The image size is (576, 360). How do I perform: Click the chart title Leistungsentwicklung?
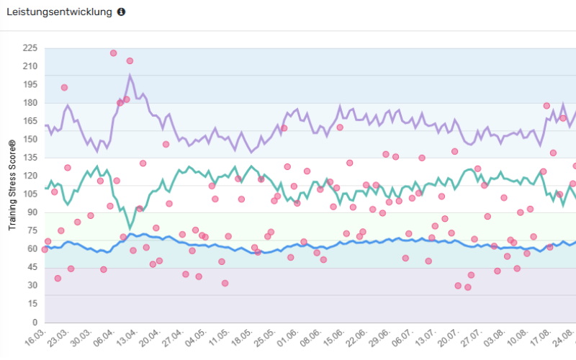(59, 12)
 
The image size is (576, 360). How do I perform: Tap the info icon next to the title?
(121, 12)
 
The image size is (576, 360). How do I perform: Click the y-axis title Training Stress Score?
(12, 186)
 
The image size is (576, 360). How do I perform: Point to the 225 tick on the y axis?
(30, 48)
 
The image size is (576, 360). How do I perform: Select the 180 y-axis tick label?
(30, 103)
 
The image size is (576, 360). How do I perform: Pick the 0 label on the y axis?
(35, 323)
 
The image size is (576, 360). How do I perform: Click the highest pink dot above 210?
(114, 53)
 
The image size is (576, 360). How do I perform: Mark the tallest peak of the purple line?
(130, 75)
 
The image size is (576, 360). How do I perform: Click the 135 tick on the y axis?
(30, 158)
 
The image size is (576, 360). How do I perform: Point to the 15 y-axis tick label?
(32, 305)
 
